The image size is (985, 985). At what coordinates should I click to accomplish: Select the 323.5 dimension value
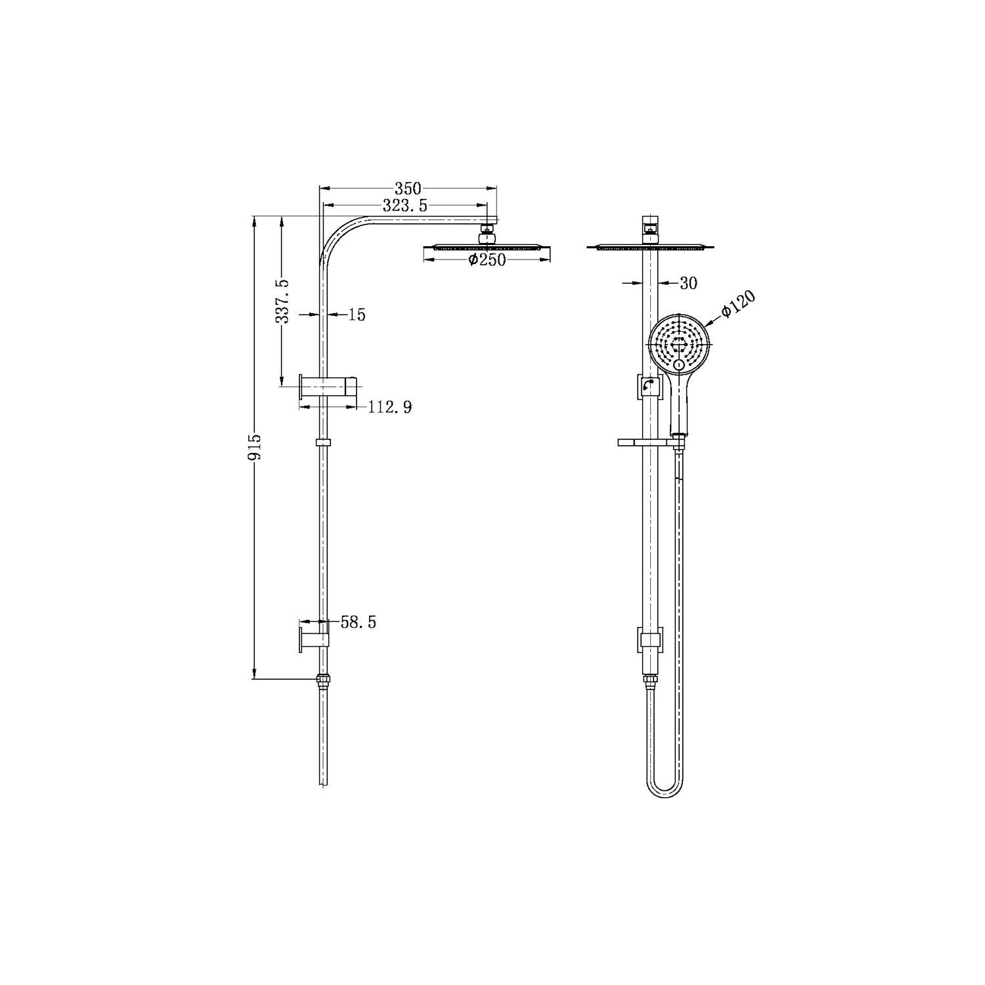(x=405, y=206)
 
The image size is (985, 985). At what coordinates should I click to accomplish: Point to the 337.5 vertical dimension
(x=283, y=301)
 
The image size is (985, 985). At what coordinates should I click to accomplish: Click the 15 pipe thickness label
(x=357, y=315)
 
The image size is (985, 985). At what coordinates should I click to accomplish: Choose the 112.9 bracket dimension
(x=389, y=408)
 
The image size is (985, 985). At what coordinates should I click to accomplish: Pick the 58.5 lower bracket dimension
(x=358, y=623)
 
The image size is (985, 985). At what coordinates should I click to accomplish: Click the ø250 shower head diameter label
(x=487, y=260)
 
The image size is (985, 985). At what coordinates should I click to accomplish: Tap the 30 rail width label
(x=688, y=284)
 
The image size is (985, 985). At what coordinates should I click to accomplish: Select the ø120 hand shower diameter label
(x=738, y=304)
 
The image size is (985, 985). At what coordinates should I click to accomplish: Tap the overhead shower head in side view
(x=487, y=248)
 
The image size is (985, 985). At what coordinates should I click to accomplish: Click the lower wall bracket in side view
(x=314, y=636)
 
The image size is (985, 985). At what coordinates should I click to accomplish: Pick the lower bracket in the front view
(x=649, y=639)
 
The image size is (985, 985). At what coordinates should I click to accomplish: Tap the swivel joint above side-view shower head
(x=487, y=231)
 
